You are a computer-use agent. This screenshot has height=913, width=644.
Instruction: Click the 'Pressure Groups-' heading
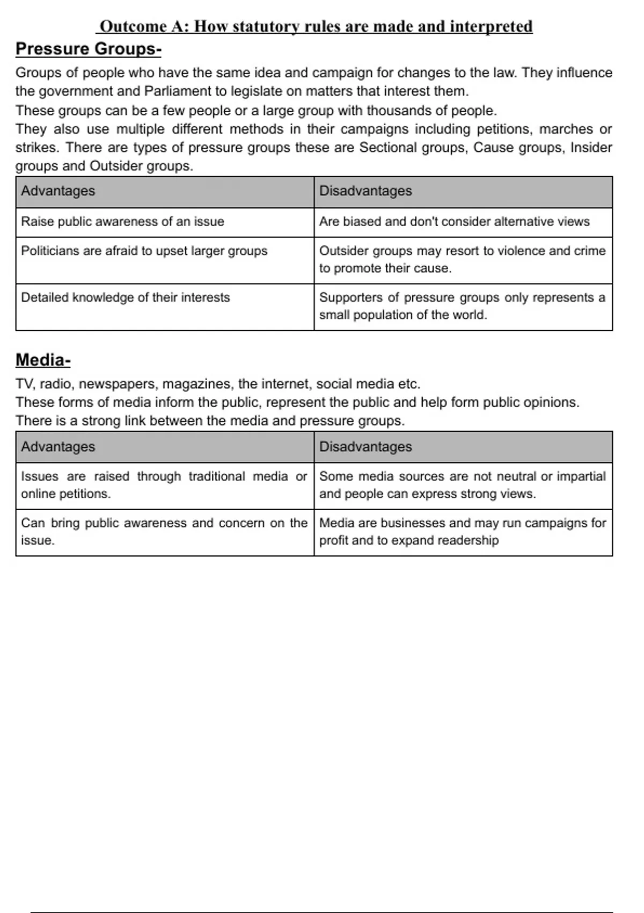click(88, 49)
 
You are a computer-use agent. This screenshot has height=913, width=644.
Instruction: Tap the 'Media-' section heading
click(42, 360)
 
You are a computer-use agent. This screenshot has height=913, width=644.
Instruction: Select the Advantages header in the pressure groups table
click(58, 191)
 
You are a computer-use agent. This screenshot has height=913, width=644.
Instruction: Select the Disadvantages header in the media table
click(365, 447)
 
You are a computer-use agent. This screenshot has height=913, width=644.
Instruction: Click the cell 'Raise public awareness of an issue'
click(122, 222)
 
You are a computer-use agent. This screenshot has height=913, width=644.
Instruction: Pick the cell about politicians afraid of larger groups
click(144, 251)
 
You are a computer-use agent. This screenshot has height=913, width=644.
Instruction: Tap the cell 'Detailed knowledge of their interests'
click(125, 298)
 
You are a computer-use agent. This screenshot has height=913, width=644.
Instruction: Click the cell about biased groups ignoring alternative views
click(454, 222)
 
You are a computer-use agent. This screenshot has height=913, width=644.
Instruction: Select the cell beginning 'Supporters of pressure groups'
click(462, 306)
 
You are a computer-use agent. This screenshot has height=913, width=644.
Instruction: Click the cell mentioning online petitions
click(164, 485)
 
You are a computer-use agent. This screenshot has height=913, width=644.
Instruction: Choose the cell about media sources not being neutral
click(462, 485)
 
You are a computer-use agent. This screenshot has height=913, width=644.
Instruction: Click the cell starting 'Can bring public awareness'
click(164, 532)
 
